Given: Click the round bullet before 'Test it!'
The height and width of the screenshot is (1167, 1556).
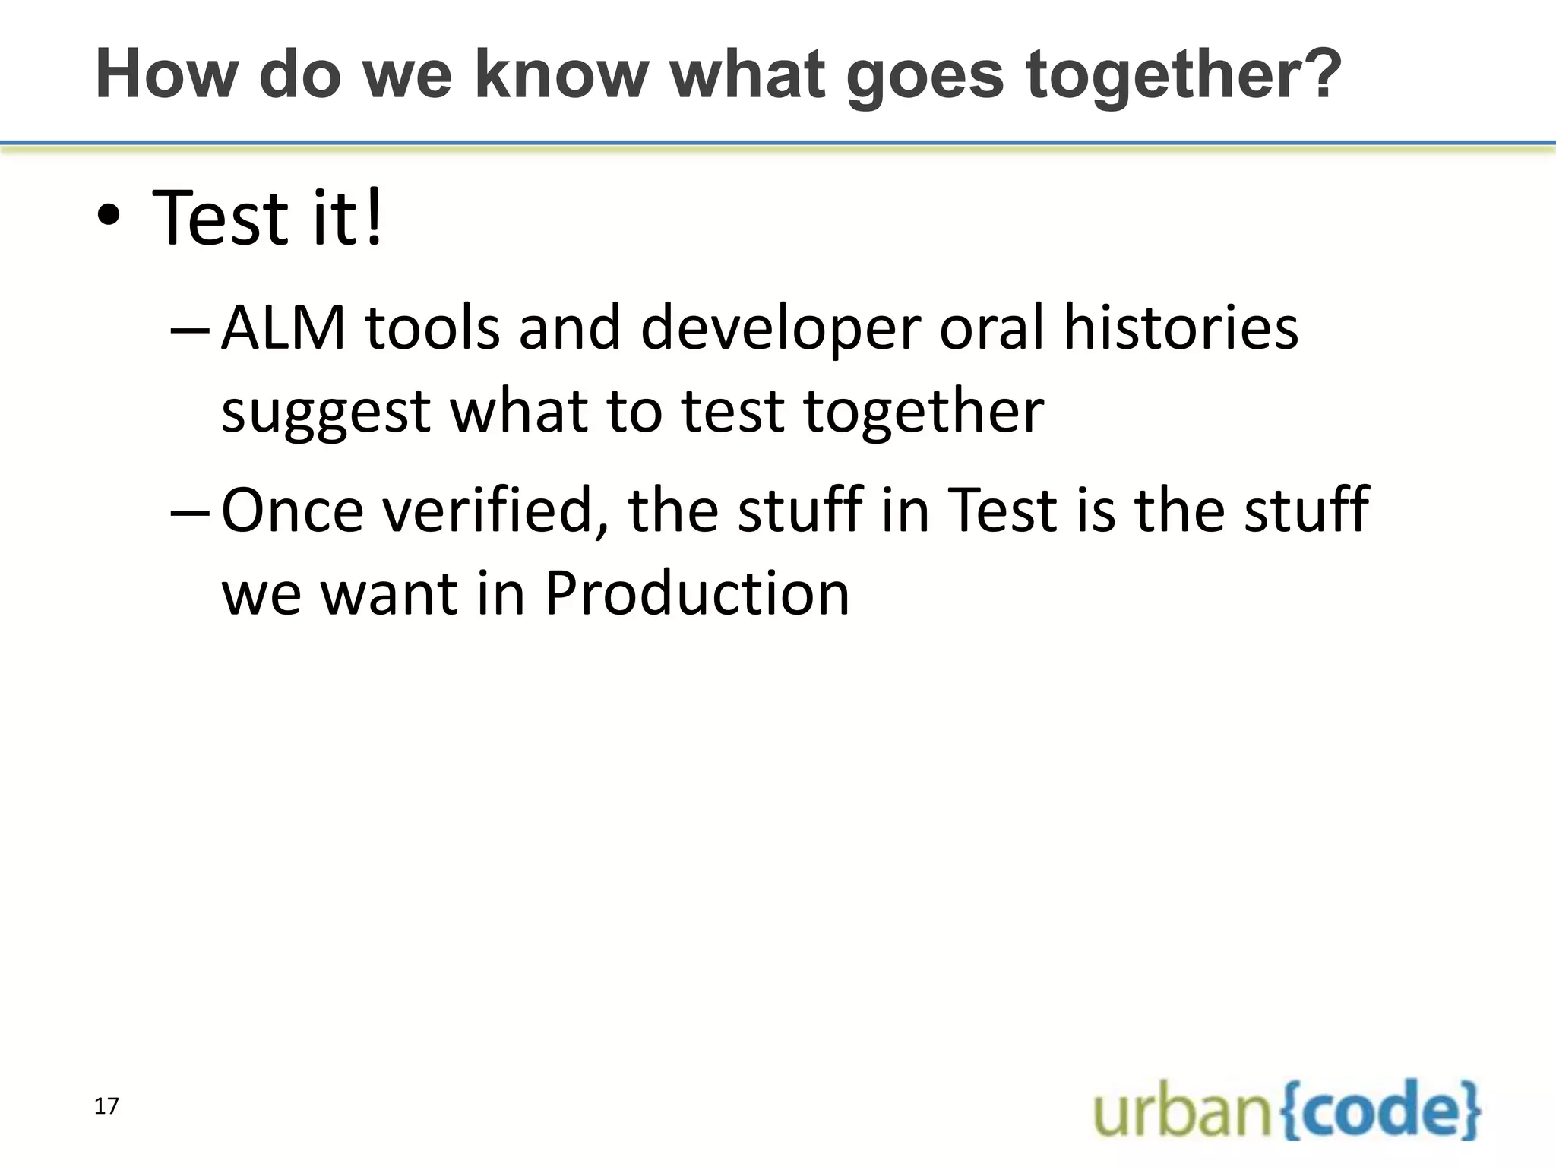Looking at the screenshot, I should click(x=109, y=218).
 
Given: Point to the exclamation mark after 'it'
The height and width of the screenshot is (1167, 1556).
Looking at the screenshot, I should click(x=373, y=218).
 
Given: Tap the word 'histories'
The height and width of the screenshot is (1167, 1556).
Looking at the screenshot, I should click(x=1181, y=328).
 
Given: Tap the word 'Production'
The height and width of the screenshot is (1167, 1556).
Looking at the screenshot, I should click(x=697, y=593).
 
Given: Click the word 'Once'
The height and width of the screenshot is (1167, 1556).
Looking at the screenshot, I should click(x=293, y=511).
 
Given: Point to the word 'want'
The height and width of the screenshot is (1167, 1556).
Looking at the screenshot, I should click(x=389, y=595).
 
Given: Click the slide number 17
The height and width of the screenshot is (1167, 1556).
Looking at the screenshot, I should click(x=106, y=1106).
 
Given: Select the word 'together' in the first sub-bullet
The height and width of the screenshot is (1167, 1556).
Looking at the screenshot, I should click(x=924, y=413).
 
